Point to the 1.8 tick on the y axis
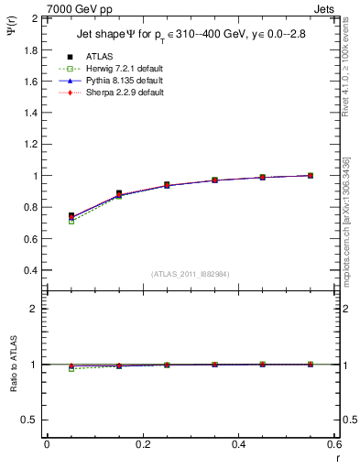[x=31, y=49]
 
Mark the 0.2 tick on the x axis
[x=142, y=444]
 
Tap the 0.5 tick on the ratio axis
[x=31, y=420]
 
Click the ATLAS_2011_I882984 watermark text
[x=191, y=274]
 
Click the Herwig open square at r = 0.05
[x=71, y=222]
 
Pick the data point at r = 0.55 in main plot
[x=311, y=175]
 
